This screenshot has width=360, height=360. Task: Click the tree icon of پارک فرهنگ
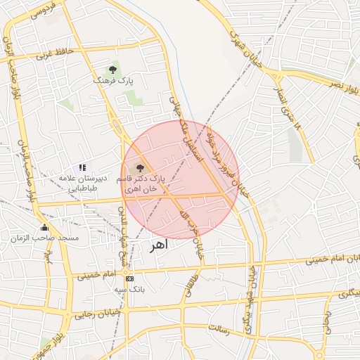point(112,70)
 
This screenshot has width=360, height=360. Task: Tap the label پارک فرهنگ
point(112,82)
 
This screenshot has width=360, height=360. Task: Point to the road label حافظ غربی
point(55,53)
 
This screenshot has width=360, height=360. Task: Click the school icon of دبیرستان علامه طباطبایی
point(82,168)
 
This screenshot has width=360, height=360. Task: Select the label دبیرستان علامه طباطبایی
point(82,184)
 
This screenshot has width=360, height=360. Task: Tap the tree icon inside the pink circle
point(139,167)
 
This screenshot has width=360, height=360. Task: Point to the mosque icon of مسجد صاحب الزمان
point(45,227)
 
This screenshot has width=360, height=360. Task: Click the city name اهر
point(161,247)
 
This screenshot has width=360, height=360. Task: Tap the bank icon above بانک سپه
point(129,278)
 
